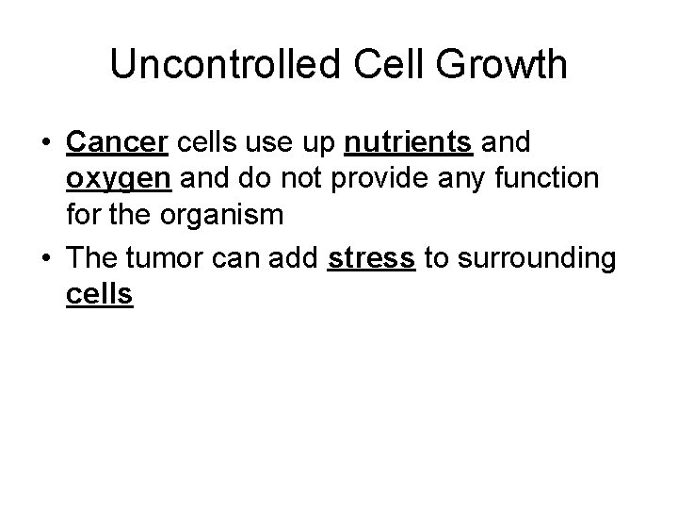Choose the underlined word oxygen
(x=117, y=177)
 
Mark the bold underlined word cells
(x=100, y=294)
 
